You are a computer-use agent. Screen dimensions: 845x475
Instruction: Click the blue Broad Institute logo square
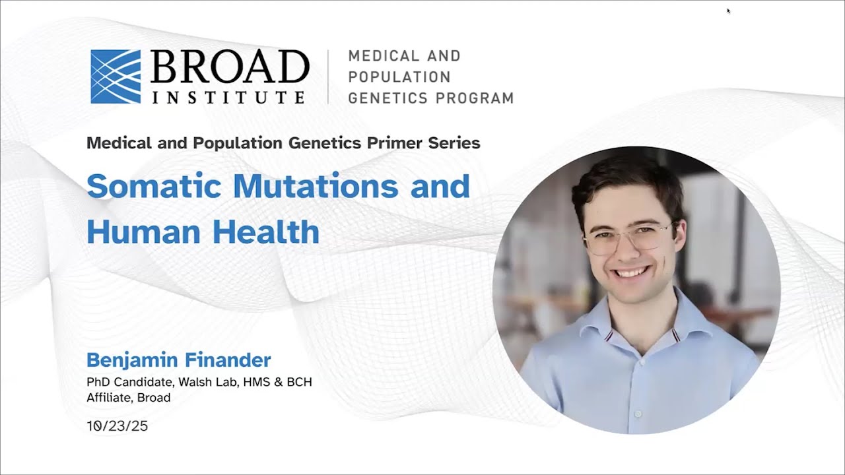pyautogui.click(x=116, y=77)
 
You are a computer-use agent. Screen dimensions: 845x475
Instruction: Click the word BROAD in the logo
pyautogui.click(x=230, y=67)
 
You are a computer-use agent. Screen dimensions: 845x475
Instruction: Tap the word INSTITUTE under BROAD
pyautogui.click(x=228, y=97)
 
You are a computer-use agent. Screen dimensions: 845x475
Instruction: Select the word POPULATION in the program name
pyautogui.click(x=399, y=77)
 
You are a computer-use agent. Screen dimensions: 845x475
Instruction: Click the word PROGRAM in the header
pyautogui.click(x=475, y=98)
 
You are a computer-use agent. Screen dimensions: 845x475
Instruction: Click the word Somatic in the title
pyautogui.click(x=154, y=186)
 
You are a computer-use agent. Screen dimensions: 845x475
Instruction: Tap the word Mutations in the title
pyautogui.click(x=316, y=186)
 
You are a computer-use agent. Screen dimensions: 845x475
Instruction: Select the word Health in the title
pyautogui.click(x=266, y=232)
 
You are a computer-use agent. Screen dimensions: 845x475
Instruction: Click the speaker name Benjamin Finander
pyautogui.click(x=179, y=360)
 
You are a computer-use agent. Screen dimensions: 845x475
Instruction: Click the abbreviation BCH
pyautogui.click(x=300, y=382)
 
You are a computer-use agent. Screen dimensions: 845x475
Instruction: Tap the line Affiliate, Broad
pyautogui.click(x=129, y=398)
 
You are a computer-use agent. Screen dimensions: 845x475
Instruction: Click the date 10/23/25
pyautogui.click(x=118, y=426)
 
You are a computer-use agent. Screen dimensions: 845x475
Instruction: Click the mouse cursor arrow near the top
pyautogui.click(x=728, y=11)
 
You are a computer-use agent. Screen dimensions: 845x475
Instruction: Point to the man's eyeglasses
pyautogui.click(x=628, y=237)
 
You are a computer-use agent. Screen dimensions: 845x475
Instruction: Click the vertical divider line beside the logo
pyautogui.click(x=328, y=77)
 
